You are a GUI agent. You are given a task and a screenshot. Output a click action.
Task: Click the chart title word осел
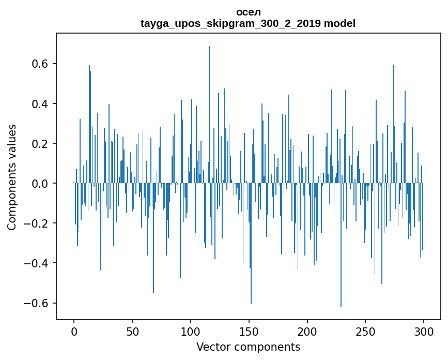248,12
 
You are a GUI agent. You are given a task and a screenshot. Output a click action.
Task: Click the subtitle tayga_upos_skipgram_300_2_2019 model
248,23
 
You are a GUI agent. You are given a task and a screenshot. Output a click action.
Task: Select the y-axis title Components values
11,177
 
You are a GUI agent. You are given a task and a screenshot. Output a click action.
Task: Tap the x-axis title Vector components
248,347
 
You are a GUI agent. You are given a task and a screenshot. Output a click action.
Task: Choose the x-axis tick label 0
74,331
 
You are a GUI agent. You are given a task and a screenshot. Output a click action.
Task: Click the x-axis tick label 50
132,331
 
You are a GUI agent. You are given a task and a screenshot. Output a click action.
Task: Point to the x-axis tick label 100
191,331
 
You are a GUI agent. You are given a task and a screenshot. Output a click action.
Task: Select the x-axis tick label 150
249,331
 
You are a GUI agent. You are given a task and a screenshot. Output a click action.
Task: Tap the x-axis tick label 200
307,331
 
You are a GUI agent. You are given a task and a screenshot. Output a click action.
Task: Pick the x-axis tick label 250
366,331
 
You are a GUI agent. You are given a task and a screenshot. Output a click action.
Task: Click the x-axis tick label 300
424,331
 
